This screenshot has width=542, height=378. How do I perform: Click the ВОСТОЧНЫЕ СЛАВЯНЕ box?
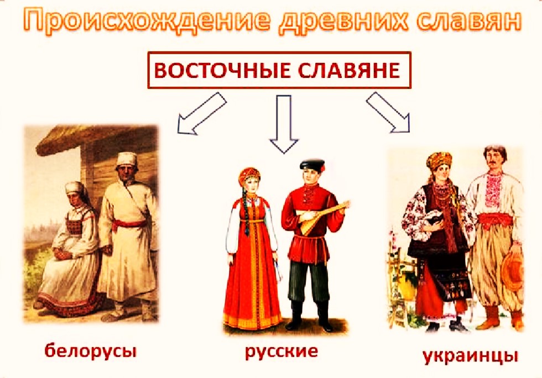coord(279,70)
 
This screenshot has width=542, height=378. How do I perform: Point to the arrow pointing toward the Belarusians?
coord(202,113)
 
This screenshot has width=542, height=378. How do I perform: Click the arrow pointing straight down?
coord(283,124)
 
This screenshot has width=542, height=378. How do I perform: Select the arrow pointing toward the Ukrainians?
coord(388,112)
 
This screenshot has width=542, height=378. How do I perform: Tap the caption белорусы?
coord(91,351)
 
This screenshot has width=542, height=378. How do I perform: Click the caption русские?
coord(282,351)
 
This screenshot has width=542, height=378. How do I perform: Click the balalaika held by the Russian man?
coord(322,217)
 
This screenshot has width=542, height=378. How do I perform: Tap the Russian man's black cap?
coord(312,165)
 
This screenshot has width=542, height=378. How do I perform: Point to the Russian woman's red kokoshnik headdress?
coord(249,175)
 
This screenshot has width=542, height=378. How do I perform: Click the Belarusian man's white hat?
coord(127,159)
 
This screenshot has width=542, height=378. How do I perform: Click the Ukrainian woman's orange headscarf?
coord(439,160)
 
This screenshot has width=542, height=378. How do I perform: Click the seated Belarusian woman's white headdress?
coord(76,191)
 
